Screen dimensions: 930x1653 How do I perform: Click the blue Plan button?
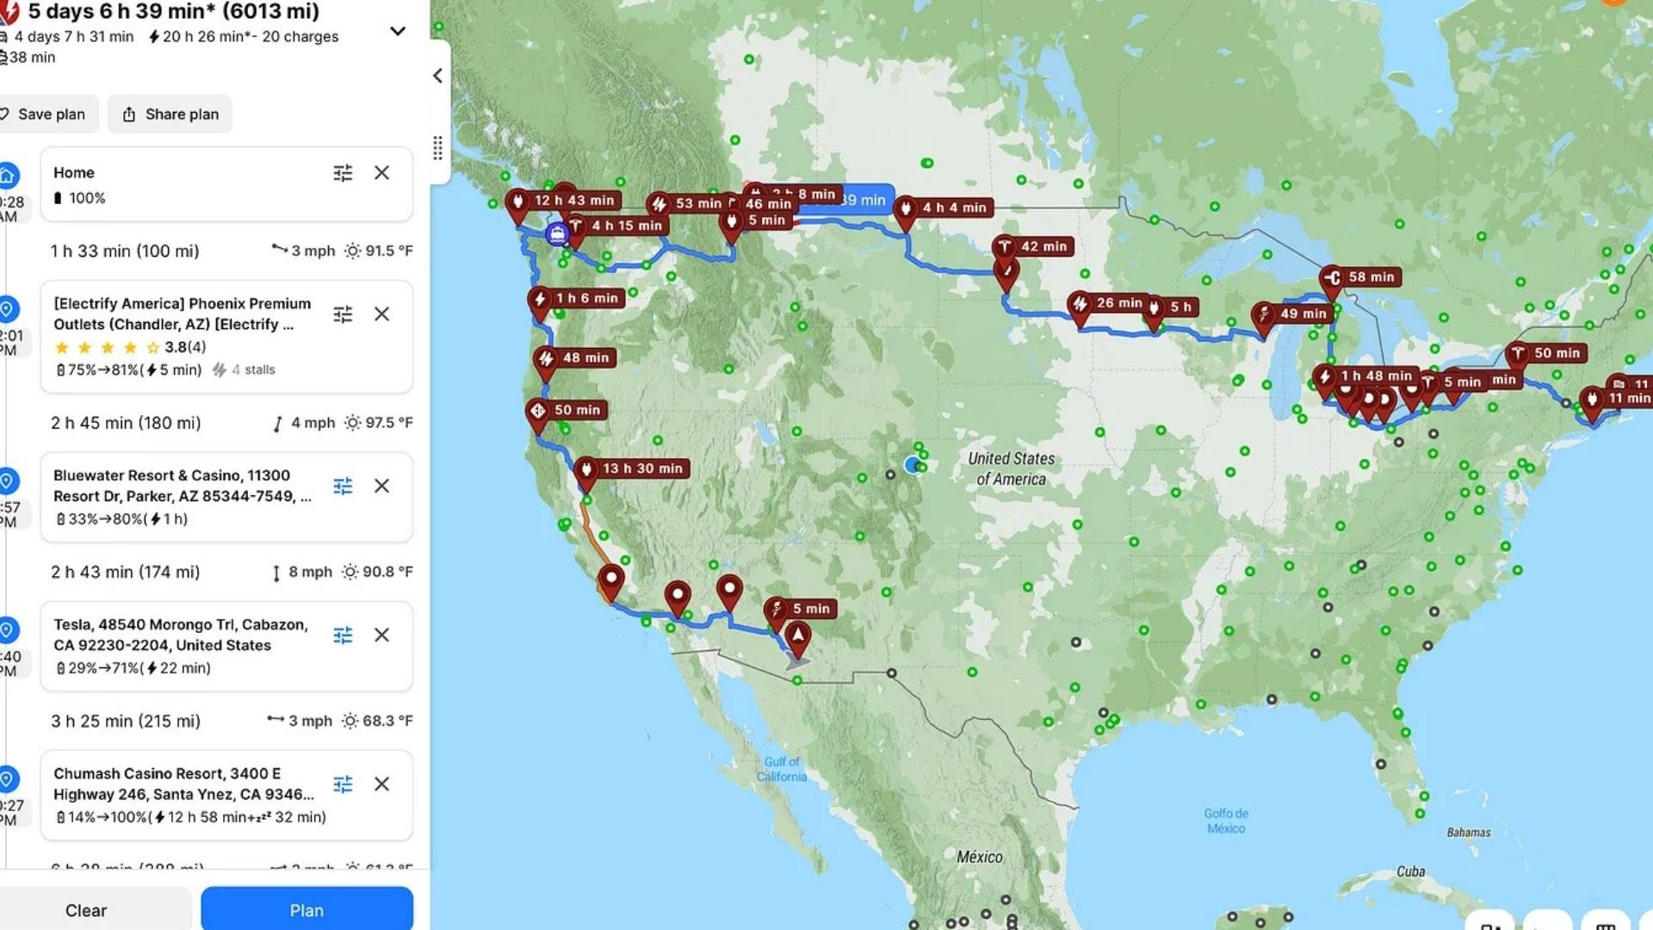(306, 910)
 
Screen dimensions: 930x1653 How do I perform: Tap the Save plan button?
(48, 115)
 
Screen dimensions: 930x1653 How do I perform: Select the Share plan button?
(170, 115)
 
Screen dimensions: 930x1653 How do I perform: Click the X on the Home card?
(381, 173)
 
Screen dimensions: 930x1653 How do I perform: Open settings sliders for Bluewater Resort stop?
(343, 487)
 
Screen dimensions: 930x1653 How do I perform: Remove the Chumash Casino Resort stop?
(381, 784)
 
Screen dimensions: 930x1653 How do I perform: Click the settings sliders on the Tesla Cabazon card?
(343, 635)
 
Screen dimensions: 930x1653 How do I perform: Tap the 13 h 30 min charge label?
(641, 468)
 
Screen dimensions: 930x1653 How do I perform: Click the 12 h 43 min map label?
(573, 201)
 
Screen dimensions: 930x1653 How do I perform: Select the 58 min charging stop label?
(1371, 277)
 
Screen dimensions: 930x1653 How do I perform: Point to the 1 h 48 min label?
(1376, 376)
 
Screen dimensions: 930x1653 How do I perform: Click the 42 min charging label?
(1043, 246)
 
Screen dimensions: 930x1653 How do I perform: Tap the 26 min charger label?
(1118, 303)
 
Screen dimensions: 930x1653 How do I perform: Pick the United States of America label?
(1011, 469)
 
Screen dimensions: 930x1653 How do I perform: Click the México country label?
(980, 857)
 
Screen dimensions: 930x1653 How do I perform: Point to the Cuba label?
(1410, 871)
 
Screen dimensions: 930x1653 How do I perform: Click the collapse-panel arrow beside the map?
(437, 76)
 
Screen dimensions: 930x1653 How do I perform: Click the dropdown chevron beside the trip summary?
(398, 31)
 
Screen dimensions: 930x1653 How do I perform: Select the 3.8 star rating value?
(175, 347)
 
